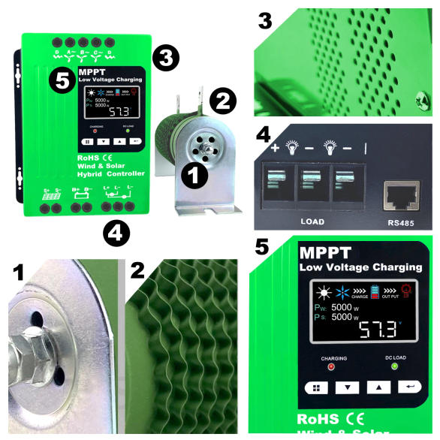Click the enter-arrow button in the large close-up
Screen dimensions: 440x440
410,387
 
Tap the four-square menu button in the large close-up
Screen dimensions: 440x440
316,388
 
